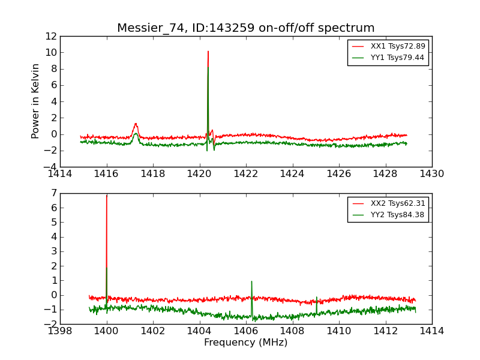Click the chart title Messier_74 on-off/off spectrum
245,28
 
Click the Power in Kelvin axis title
36,101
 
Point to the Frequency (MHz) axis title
245,343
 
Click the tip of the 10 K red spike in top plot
208,52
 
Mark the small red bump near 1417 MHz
136,125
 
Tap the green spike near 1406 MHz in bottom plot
251,282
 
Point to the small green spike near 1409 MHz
317,298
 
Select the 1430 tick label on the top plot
431,174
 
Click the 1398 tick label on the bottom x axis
60,331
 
